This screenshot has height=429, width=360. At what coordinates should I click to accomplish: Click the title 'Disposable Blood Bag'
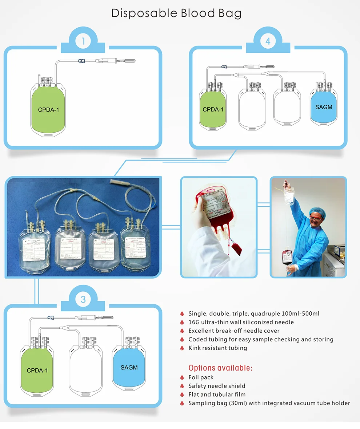pos(176,13)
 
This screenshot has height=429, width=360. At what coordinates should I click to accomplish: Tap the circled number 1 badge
pos(83,41)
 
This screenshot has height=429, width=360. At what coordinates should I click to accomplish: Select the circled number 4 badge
pos(268,41)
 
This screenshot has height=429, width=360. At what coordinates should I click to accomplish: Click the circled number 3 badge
pos(83,299)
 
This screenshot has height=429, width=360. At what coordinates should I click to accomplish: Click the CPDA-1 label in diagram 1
pos(48,109)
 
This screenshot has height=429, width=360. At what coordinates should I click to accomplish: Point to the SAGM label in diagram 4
pos(324,107)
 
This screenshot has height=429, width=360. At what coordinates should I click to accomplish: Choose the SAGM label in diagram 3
pos(129,367)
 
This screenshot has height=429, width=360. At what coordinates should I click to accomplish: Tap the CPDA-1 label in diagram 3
pos(37,371)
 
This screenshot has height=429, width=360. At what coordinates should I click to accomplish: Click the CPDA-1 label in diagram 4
pos(213,109)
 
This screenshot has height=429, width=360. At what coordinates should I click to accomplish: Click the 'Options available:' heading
pos(220,368)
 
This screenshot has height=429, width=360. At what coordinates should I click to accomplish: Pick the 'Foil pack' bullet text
pos(201,377)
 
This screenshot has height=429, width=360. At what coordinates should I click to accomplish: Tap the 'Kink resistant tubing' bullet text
pos(217,348)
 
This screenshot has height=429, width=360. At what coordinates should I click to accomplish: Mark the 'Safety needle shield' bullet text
pos(217,386)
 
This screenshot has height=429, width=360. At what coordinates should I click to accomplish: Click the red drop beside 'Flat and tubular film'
pos(182,395)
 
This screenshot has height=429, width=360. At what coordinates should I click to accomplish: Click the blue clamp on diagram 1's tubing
pos(81,61)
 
